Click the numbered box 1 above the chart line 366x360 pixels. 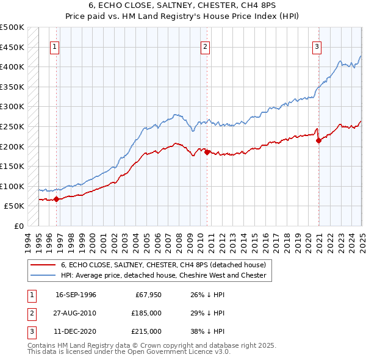click(x=55, y=47)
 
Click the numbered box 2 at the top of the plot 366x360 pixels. click(x=206, y=47)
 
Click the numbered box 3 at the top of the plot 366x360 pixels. click(x=317, y=47)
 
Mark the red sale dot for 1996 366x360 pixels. click(x=56, y=198)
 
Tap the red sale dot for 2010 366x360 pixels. click(x=207, y=152)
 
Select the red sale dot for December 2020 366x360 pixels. click(x=318, y=140)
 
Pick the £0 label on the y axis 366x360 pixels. click(x=18, y=226)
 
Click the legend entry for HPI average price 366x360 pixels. click(x=163, y=275)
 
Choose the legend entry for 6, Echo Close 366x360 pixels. click(x=163, y=265)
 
